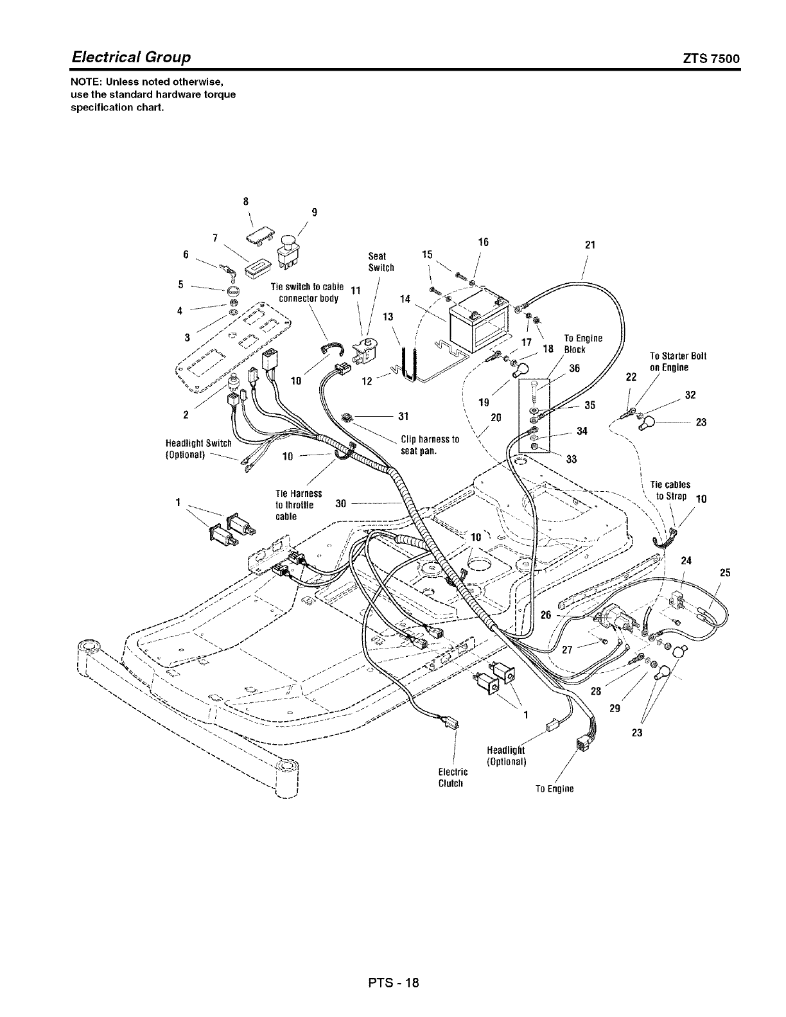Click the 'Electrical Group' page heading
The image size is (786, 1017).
(131, 57)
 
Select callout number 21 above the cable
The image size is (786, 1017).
(591, 245)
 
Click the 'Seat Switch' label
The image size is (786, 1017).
(381, 262)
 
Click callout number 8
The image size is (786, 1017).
(245, 200)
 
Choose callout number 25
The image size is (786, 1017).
(726, 573)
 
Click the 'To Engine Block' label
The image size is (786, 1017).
(582, 343)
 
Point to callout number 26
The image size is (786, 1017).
(546, 614)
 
